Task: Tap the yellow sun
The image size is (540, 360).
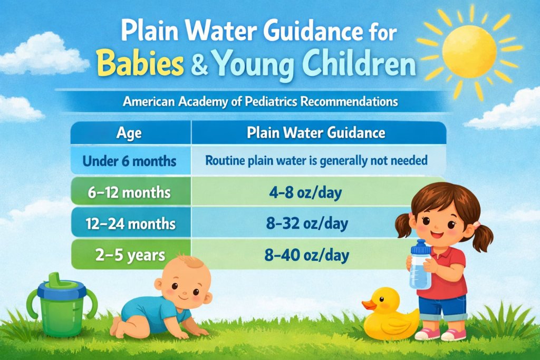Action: [x=469, y=51]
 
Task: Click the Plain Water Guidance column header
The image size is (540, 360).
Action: [x=316, y=133]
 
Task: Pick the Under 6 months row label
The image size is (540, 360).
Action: [x=130, y=160]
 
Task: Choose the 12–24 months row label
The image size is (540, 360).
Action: [x=130, y=223]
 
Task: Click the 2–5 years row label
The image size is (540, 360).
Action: [x=130, y=256]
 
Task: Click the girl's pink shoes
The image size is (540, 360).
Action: [x=440, y=334]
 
